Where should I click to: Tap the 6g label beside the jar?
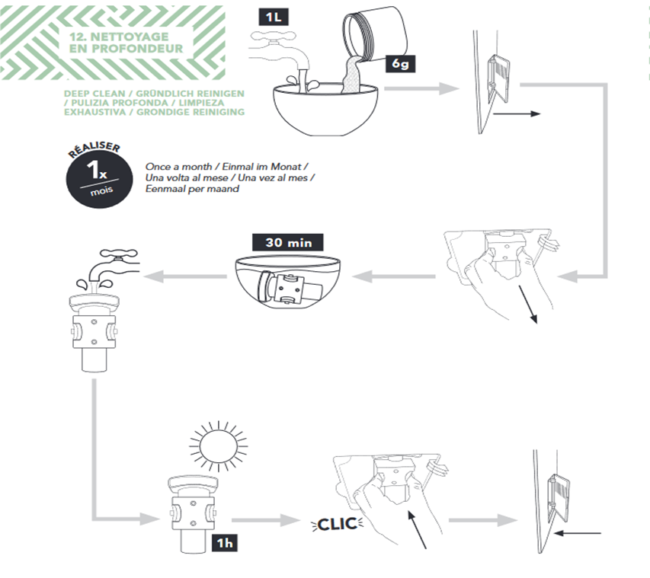401,64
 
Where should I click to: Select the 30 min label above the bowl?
287,244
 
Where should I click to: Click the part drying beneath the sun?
193,510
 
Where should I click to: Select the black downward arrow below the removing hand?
528,304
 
